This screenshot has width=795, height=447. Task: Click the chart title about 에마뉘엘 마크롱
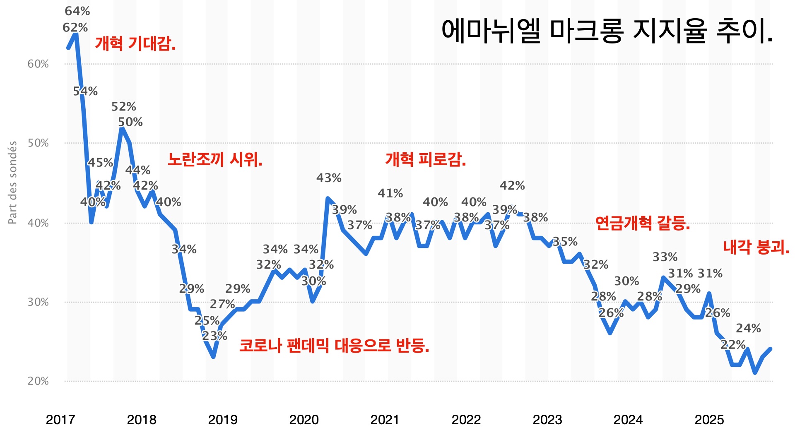[x=607, y=31]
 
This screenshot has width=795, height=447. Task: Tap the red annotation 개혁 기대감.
[x=135, y=43]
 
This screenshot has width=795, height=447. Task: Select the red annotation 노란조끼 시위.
[x=215, y=159]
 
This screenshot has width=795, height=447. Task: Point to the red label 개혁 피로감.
[x=426, y=159]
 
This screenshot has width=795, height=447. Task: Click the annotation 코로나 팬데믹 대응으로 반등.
[x=334, y=346]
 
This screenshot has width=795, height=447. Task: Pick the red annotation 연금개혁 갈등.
[x=643, y=223]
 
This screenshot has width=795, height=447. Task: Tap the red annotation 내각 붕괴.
[x=756, y=248]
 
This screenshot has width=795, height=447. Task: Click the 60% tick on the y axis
[x=38, y=64]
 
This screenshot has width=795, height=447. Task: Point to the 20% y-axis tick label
[x=38, y=381]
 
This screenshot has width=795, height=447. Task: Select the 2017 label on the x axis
[x=60, y=420]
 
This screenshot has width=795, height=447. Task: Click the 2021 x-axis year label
[x=385, y=420]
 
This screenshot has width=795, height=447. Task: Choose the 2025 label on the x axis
[x=709, y=420]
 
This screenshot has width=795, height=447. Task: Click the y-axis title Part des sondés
[x=13, y=183]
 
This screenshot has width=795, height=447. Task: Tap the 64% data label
[x=77, y=11]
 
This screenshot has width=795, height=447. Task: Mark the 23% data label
[x=215, y=336]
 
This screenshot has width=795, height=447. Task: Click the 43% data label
[x=329, y=178]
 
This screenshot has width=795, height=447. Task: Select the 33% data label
[x=665, y=257]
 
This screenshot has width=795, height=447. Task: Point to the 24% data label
[x=748, y=328]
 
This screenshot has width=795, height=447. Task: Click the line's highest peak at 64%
[x=76, y=34]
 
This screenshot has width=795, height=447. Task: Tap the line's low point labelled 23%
[x=213, y=356]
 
